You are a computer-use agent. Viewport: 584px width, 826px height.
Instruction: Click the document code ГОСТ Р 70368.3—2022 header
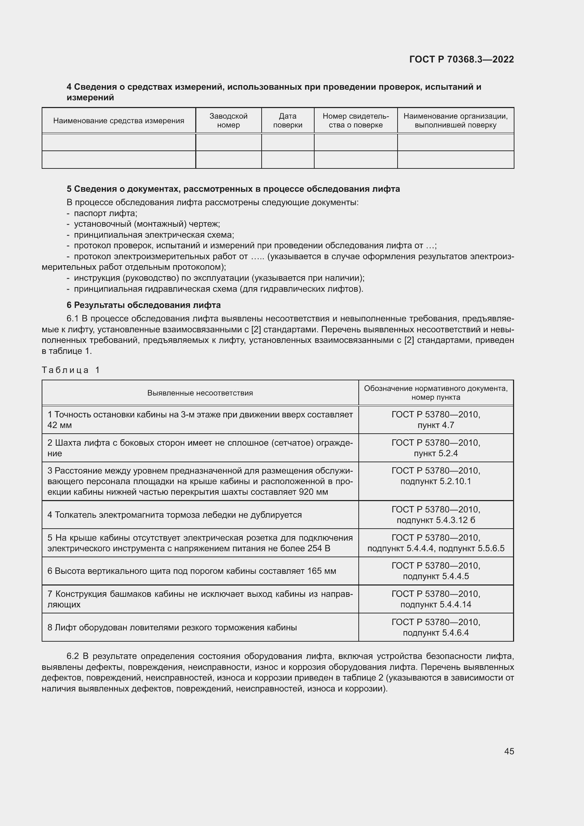[461, 60]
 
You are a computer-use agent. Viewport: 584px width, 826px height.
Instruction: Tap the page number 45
[509, 751]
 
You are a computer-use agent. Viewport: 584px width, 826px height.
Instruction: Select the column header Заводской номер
[228, 120]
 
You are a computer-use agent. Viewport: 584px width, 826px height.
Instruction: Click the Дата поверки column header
[287, 120]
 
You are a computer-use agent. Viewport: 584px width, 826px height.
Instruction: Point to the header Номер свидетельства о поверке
[355, 120]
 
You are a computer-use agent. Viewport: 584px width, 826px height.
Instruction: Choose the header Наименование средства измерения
[119, 121]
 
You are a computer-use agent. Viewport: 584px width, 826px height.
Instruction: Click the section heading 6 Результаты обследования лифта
[143, 305]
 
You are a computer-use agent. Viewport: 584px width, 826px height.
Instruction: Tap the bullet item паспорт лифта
[106, 213]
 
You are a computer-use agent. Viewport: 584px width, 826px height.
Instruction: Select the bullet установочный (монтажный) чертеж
[147, 224]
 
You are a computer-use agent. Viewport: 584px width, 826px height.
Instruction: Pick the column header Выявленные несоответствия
[200, 393]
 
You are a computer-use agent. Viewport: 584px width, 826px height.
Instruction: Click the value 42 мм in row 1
[60, 425]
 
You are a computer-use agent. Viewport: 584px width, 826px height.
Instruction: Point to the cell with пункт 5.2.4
[435, 453]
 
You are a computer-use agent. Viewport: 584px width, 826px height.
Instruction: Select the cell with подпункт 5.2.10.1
[435, 481]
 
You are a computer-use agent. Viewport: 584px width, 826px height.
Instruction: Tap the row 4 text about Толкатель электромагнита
[174, 515]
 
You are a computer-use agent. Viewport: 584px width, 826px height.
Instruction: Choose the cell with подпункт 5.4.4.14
[435, 604]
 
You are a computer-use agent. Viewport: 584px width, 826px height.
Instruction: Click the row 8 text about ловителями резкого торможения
[172, 628]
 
